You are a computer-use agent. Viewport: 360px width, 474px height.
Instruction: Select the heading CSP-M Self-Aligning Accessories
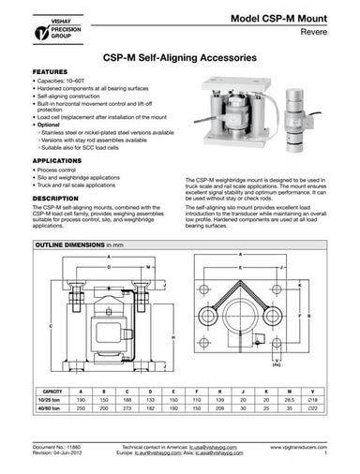click(179, 56)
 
